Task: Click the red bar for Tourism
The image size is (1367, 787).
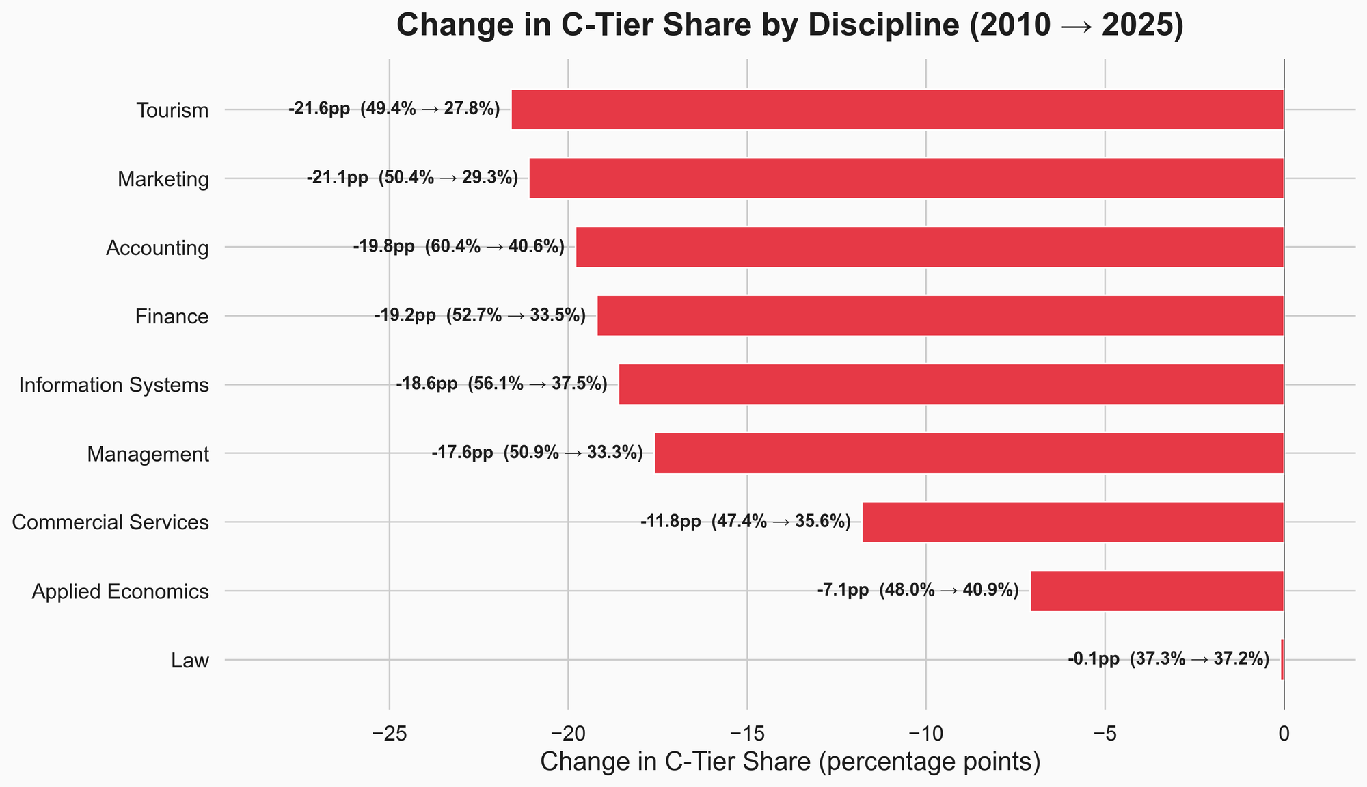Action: (897, 109)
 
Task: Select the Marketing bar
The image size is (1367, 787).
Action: (906, 178)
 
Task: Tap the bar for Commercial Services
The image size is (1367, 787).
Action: (1073, 522)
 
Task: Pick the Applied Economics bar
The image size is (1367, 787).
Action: (1157, 591)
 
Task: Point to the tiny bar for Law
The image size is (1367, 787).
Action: (1282, 660)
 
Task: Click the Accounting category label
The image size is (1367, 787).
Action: (157, 248)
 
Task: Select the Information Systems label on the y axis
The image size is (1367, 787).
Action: (113, 386)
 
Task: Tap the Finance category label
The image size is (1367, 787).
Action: (172, 317)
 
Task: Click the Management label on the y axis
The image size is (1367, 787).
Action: (148, 454)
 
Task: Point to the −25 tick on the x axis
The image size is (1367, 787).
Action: (389, 734)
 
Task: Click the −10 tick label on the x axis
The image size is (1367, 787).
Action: (925, 734)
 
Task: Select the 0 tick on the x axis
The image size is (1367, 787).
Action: (1284, 734)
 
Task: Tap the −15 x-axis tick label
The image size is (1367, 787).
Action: (746, 734)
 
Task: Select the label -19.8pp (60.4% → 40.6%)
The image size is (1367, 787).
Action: (459, 247)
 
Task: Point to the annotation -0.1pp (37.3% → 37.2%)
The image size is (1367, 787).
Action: (1168, 660)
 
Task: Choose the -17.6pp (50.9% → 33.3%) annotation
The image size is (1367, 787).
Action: (537, 453)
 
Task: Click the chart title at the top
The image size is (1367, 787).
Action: (789, 26)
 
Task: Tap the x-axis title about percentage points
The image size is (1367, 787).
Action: (790, 762)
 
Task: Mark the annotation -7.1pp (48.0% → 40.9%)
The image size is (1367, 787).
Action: (918, 591)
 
